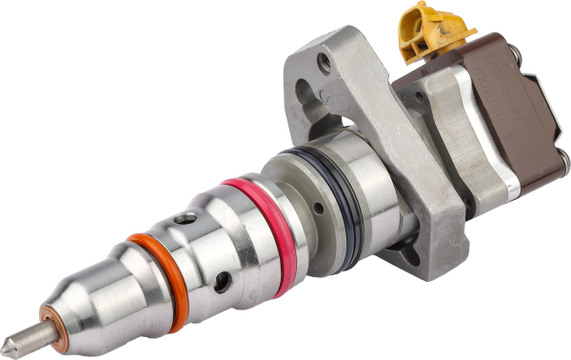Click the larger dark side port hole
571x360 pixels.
pos(222,282)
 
